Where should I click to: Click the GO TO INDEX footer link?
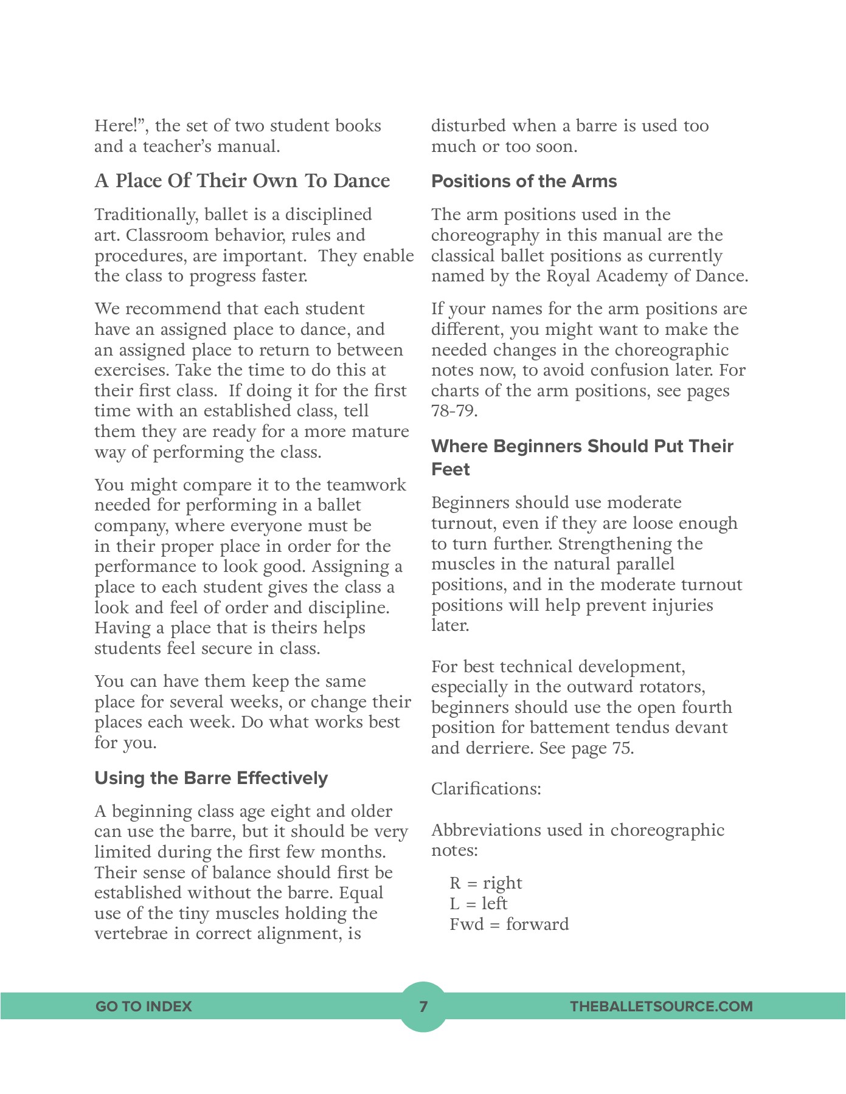(x=144, y=1006)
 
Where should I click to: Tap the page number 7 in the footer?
(x=423, y=1006)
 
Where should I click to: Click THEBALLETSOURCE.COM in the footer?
(x=661, y=1006)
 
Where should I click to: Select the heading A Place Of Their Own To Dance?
(x=242, y=181)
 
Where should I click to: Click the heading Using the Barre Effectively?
(x=211, y=778)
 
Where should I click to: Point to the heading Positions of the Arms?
(x=524, y=181)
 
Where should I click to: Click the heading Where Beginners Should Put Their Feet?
(x=582, y=457)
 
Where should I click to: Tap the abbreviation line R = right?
(x=486, y=883)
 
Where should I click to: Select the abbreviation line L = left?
(x=478, y=904)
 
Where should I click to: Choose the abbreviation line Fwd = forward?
(x=509, y=924)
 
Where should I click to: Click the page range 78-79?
(x=454, y=411)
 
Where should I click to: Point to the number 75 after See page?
(x=622, y=748)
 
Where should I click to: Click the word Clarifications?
(x=486, y=789)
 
